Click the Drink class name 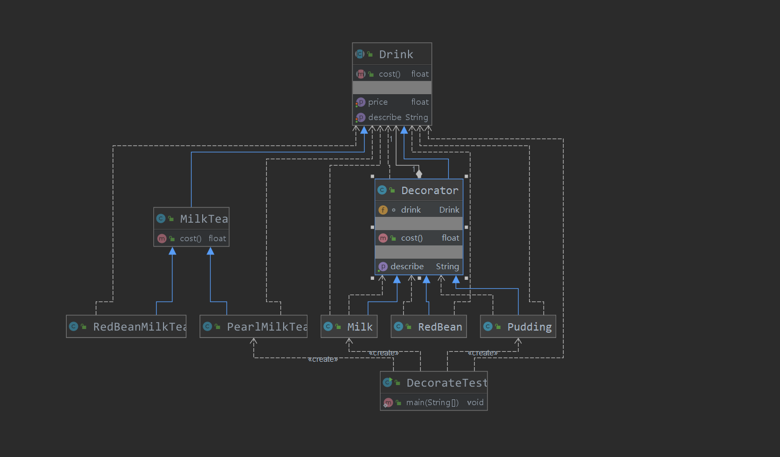tap(396, 54)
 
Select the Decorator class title tap(430, 190)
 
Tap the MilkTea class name tap(204, 219)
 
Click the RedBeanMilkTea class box tap(126, 326)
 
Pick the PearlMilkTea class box tap(253, 326)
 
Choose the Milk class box tap(349, 326)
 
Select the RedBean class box tap(429, 326)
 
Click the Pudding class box tap(518, 326)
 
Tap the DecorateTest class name tap(447, 383)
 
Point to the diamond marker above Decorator tap(419, 173)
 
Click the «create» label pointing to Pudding tap(483, 353)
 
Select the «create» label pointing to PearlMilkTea tap(323, 359)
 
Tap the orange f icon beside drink tap(383, 210)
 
